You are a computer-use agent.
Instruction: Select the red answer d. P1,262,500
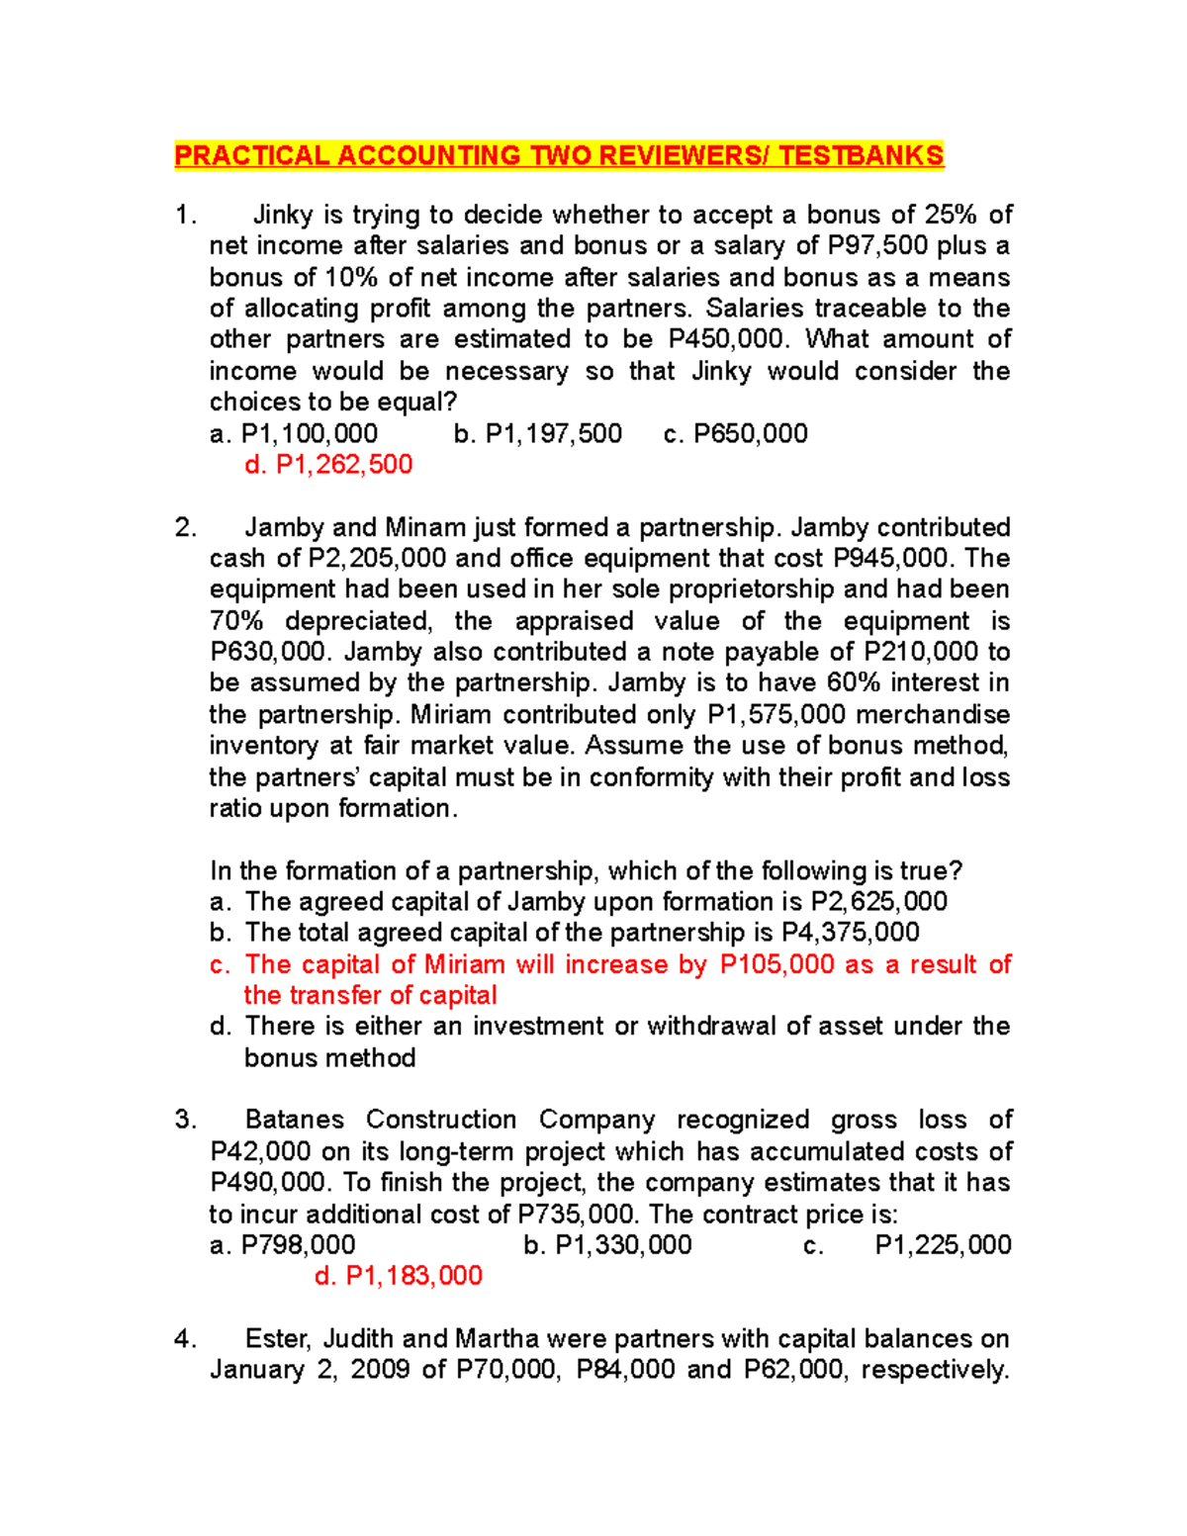pyautogui.click(x=328, y=465)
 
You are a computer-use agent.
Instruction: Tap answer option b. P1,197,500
pyautogui.click(x=537, y=434)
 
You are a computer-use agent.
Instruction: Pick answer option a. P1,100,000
pyautogui.click(x=294, y=434)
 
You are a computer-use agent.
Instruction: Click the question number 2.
pyautogui.click(x=185, y=528)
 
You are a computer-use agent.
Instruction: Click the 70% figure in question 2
pyautogui.click(x=236, y=621)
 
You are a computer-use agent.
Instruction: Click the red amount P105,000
pyautogui.click(x=776, y=964)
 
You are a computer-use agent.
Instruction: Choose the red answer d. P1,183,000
pyautogui.click(x=398, y=1276)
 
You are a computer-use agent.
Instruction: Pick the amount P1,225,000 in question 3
pyautogui.click(x=943, y=1245)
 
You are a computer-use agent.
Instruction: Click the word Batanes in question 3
pyautogui.click(x=294, y=1120)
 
